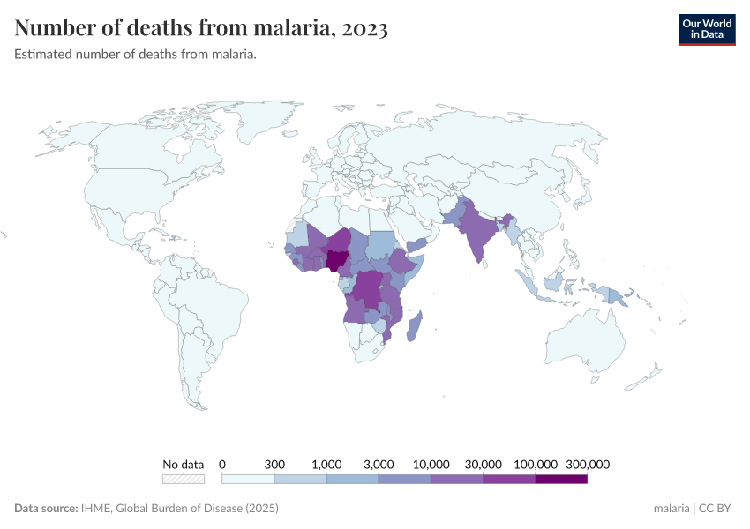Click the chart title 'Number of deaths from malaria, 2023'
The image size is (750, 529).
click(x=201, y=28)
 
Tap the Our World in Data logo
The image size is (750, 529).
click(x=706, y=28)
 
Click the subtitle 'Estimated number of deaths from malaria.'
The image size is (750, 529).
click(x=135, y=55)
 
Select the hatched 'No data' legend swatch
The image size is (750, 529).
click(x=183, y=479)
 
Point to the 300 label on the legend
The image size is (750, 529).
click(x=274, y=464)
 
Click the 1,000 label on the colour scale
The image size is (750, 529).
click(x=326, y=464)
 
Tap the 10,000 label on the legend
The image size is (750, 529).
click(x=431, y=464)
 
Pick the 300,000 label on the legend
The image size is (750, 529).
click(x=588, y=464)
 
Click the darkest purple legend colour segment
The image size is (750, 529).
click(x=561, y=479)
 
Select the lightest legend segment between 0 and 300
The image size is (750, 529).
click(x=248, y=479)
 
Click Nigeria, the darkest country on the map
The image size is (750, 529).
click(x=336, y=260)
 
